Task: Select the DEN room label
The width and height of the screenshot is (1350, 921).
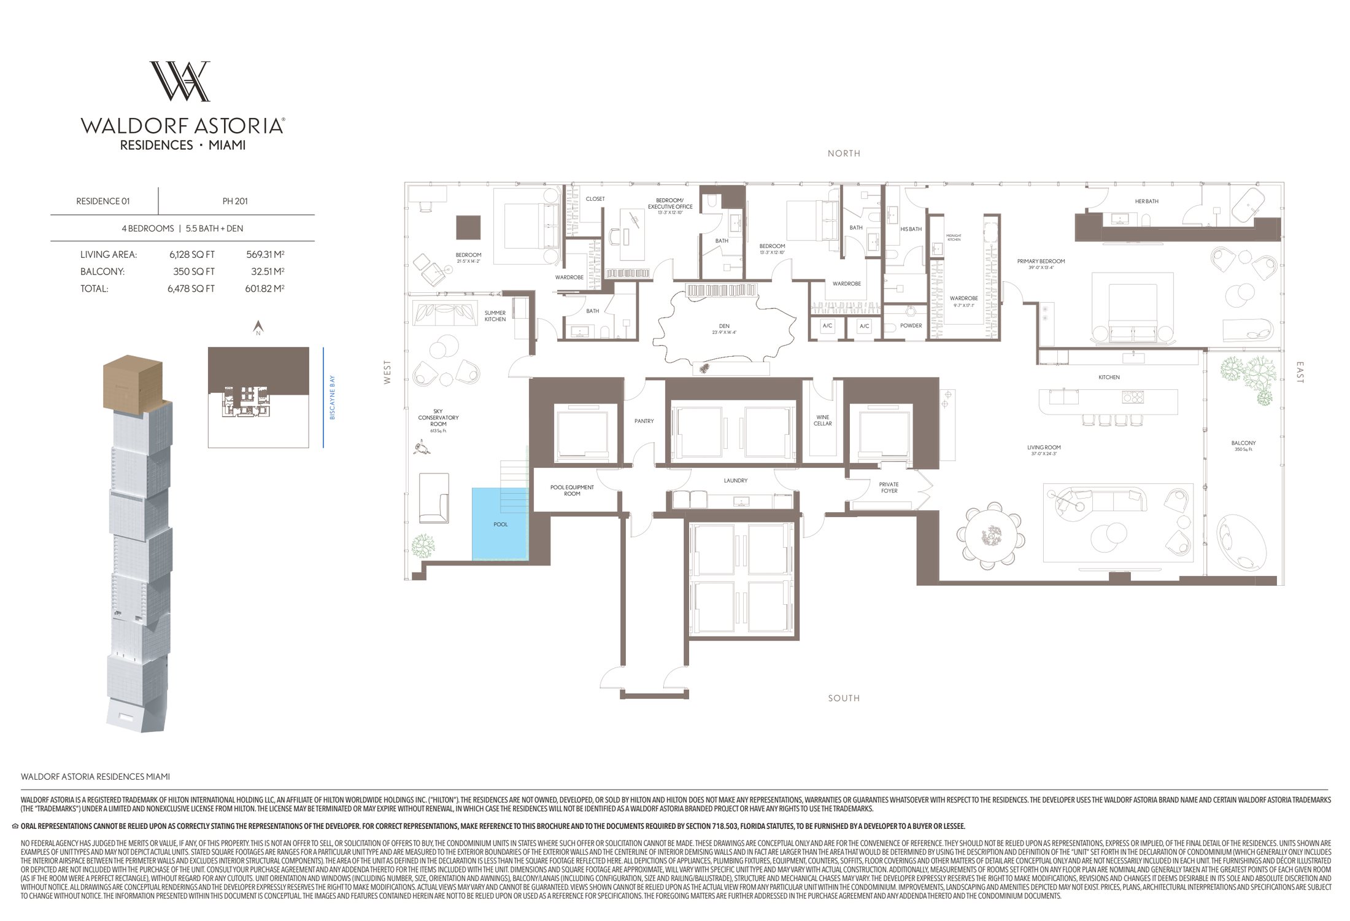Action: [x=724, y=327]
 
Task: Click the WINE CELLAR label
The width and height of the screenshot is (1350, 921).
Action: [x=822, y=421]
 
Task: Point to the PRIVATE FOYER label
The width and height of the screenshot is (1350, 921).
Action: [x=889, y=488]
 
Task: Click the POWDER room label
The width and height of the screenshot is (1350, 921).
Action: [x=911, y=326]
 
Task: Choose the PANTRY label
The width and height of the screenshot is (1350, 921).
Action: [x=644, y=421]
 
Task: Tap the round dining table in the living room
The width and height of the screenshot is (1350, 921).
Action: [x=990, y=538]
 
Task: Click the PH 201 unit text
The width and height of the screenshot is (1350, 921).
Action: [x=236, y=201]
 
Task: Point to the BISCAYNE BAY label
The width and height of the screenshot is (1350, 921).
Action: [x=333, y=397]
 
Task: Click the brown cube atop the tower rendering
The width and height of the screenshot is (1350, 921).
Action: [x=133, y=383]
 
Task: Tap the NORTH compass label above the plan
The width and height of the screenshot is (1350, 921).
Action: [x=844, y=153]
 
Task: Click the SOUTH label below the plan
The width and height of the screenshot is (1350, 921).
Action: [x=844, y=698]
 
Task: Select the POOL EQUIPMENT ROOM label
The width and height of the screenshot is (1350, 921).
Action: [x=572, y=491]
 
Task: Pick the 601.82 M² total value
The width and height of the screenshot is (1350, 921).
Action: [x=264, y=289]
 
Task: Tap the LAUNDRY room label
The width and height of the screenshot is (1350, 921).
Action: [x=735, y=481]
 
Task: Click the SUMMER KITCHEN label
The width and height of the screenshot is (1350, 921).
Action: [x=495, y=316]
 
